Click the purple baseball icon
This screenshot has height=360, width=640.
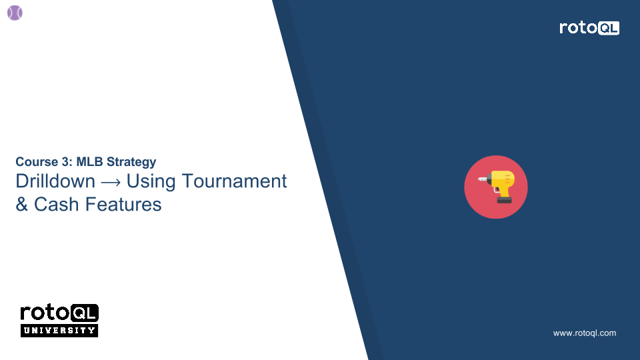(15, 13)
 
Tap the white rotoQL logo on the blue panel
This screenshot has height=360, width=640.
(589, 28)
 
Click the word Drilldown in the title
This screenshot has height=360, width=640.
(55, 181)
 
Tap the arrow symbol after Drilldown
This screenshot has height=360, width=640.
(111, 182)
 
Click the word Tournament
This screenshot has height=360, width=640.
(235, 181)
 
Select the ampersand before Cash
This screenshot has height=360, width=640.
(22, 204)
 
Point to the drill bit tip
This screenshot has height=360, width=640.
(479, 180)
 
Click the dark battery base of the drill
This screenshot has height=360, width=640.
(504, 199)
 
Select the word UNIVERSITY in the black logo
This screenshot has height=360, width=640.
(59, 331)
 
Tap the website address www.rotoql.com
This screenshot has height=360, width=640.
(585, 333)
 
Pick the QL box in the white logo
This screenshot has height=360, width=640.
(609, 28)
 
